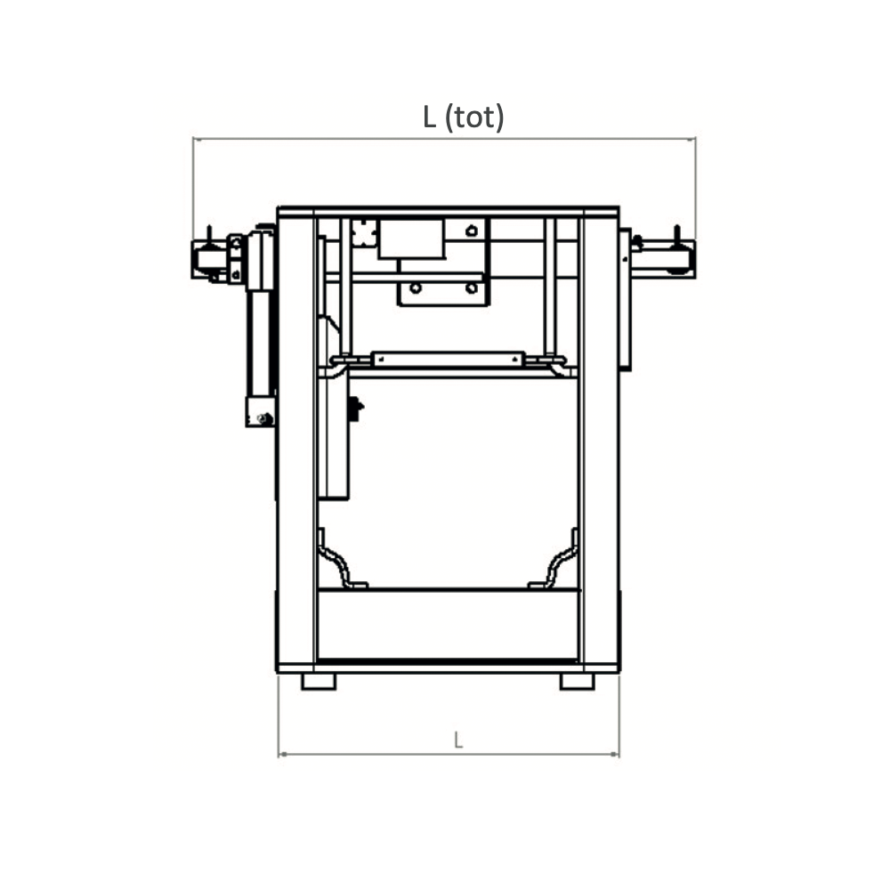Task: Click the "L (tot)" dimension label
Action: pyautogui.click(x=463, y=117)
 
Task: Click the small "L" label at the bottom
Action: pyautogui.click(x=458, y=740)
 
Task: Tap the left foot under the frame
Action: pyautogui.click(x=319, y=681)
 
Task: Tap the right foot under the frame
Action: pyautogui.click(x=578, y=681)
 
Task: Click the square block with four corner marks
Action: pyautogui.click(x=363, y=232)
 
